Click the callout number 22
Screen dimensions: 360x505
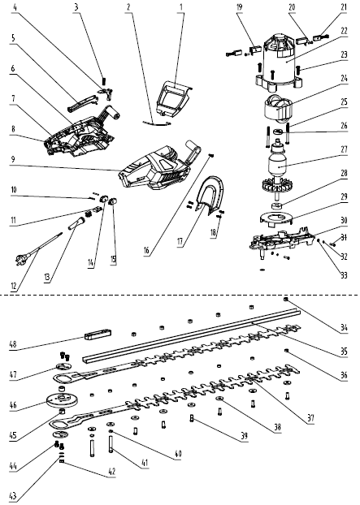click(x=344, y=31)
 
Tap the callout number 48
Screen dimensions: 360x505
click(x=13, y=344)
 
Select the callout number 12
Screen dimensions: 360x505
click(x=14, y=286)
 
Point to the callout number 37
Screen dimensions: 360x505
click(x=310, y=418)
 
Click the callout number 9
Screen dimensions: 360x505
click(x=13, y=159)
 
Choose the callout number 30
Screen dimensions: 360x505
click(x=344, y=220)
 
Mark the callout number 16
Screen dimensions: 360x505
click(x=146, y=251)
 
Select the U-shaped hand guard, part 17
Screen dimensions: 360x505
click(x=210, y=194)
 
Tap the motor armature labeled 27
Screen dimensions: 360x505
click(x=278, y=164)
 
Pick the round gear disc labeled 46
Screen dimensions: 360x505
click(x=62, y=400)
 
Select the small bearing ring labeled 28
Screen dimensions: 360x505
click(x=276, y=205)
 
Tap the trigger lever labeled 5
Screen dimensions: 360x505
click(x=82, y=103)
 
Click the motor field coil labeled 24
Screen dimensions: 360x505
click(x=279, y=108)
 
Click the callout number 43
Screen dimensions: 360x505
click(x=13, y=495)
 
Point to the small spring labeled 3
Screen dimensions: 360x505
click(x=104, y=80)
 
